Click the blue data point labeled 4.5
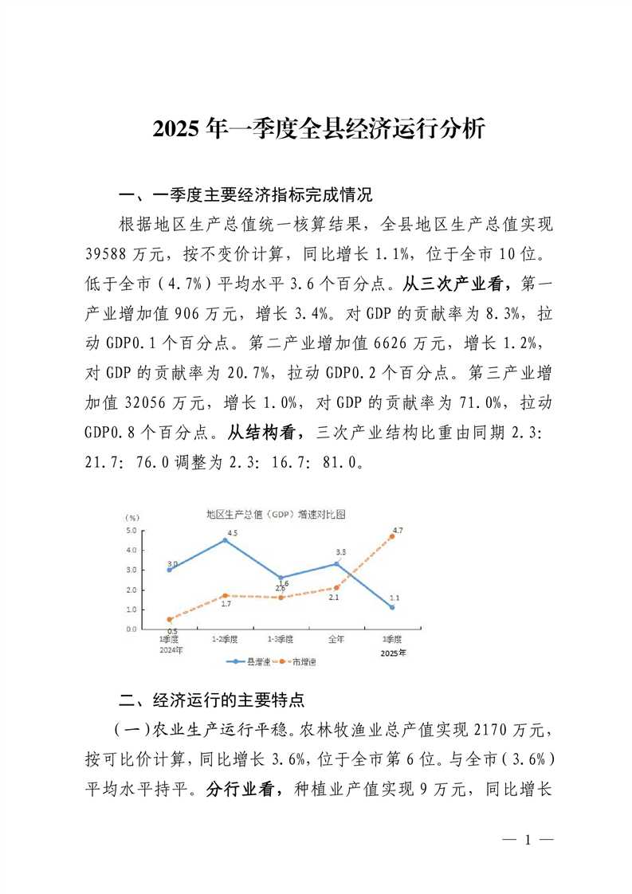pyautogui.click(x=225, y=540)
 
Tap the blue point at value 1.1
pyautogui.click(x=392, y=607)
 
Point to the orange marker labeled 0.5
pyautogui.click(x=170, y=619)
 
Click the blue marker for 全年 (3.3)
pyautogui.click(x=336, y=563)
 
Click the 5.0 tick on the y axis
pyautogui.click(x=132, y=531)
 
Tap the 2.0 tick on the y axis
pyautogui.click(x=132, y=590)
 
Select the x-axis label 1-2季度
pyautogui.click(x=225, y=639)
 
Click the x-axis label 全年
pyautogui.click(x=336, y=639)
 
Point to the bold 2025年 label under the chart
pyautogui.click(x=393, y=653)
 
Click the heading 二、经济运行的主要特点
pyautogui.click(x=211, y=700)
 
